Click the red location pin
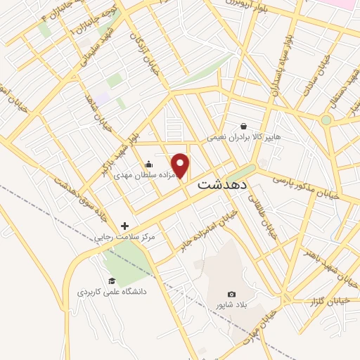click(x=181, y=165)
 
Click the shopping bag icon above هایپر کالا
click(x=243, y=126)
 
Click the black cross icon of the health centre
click(x=125, y=226)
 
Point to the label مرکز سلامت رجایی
click(x=126, y=238)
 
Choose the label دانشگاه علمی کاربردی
click(x=110, y=290)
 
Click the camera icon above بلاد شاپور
click(x=231, y=294)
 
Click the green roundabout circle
click(x=326, y=120)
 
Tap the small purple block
click(x=104, y=99)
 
